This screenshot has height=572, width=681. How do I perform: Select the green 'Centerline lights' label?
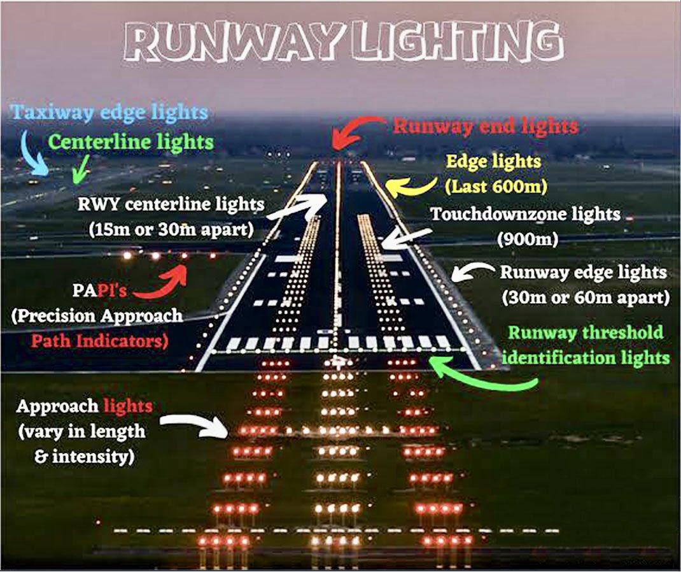[130, 141]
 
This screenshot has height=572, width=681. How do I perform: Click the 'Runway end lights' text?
[486, 126]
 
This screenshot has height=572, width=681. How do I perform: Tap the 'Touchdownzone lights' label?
[525, 214]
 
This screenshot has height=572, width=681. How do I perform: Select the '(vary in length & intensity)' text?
[81, 444]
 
